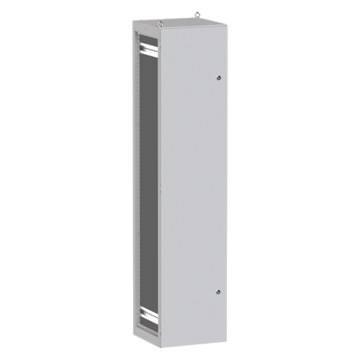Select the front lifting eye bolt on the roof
(x=162, y=23)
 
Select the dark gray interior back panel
(x=148, y=180)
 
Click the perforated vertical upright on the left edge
(x=135, y=180)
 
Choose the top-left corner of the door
(x=160, y=32)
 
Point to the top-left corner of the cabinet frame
(x=133, y=21)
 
